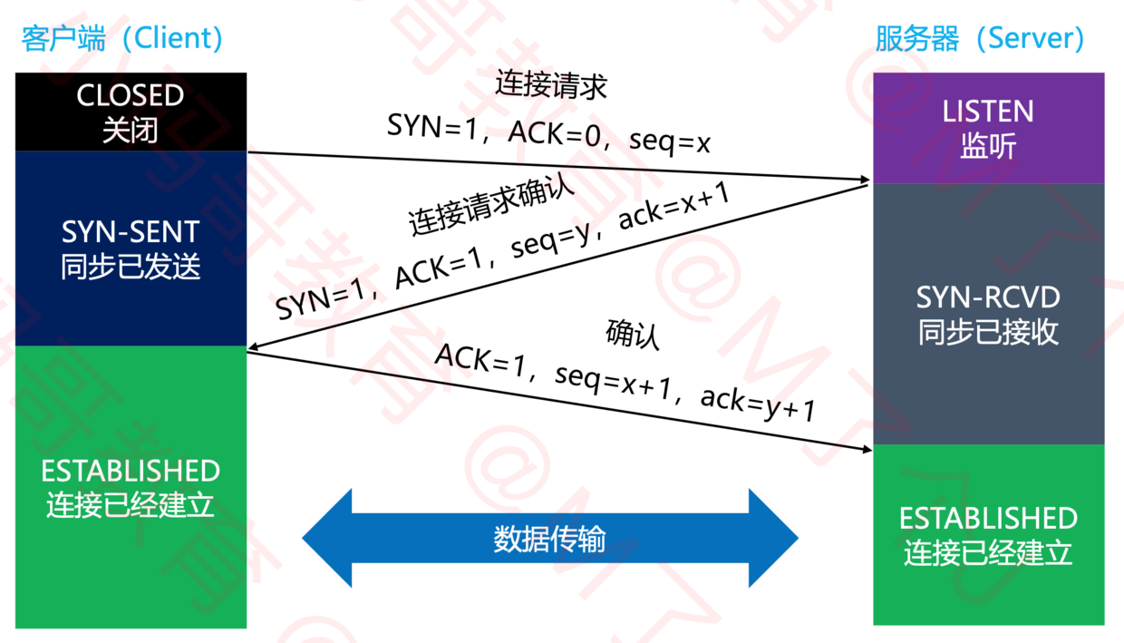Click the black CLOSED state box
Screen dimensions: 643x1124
(x=131, y=112)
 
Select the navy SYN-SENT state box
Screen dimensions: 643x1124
(x=131, y=248)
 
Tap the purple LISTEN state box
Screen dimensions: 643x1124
(x=988, y=128)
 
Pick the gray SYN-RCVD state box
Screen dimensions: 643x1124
(x=988, y=314)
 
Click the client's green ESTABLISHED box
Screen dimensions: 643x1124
(x=131, y=487)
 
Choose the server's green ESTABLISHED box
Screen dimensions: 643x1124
(x=988, y=534)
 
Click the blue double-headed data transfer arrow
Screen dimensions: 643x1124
(x=550, y=539)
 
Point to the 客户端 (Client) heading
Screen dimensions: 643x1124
(x=122, y=38)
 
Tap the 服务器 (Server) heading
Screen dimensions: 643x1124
(x=980, y=38)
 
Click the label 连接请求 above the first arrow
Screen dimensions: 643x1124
(x=550, y=85)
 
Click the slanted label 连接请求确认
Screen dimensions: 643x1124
(x=490, y=207)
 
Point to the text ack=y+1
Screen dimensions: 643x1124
(x=759, y=403)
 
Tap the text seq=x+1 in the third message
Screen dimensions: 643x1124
(x=612, y=380)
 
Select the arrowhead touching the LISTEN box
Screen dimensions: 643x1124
(x=861, y=181)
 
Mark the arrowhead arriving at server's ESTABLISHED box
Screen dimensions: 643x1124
(x=863, y=448)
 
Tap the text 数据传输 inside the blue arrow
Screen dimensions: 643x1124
(x=550, y=539)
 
